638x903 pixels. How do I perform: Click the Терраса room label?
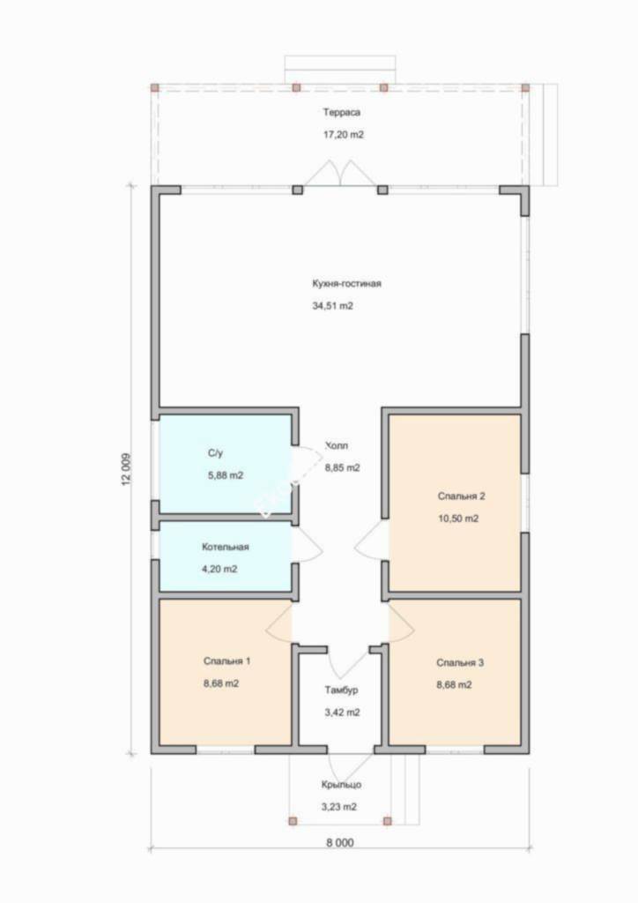[341, 112]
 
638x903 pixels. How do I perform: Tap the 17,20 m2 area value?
[344, 135]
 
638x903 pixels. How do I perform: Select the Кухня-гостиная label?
[346, 283]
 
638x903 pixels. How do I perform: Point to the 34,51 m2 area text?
[332, 306]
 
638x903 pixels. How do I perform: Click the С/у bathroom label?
[215, 453]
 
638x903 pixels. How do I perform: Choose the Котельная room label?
[225, 547]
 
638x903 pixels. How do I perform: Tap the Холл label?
[338, 445]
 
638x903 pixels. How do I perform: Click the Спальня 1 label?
[226, 660]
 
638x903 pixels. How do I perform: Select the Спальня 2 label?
[462, 496]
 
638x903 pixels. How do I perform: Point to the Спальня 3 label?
[460, 662]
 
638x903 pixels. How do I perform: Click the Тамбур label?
[341, 690]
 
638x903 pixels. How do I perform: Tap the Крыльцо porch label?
[341, 784]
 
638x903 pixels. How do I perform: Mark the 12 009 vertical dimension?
[127, 469]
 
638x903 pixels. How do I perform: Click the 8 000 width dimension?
[340, 842]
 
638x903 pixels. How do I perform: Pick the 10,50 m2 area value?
[458, 519]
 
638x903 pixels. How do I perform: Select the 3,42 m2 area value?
[342, 713]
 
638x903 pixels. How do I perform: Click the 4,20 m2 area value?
[219, 569]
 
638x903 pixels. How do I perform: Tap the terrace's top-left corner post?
[155, 87]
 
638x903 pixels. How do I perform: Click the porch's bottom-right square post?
[387, 821]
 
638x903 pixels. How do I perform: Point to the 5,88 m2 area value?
[225, 475]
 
